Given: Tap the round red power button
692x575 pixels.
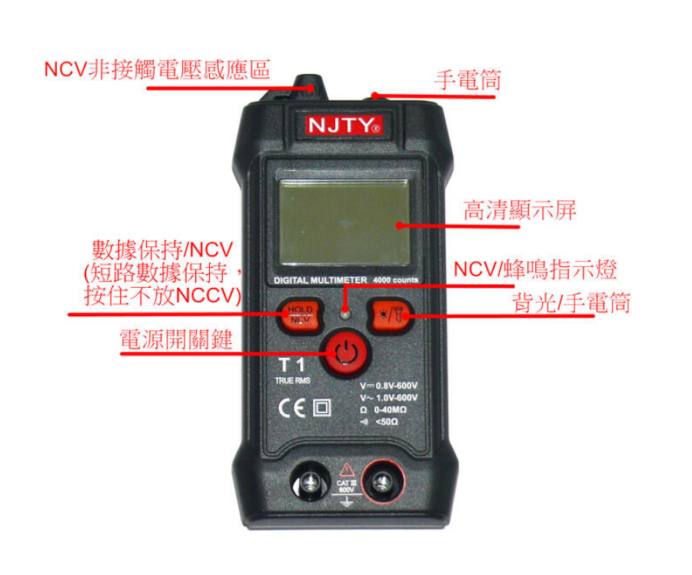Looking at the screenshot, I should pyautogui.click(x=345, y=354).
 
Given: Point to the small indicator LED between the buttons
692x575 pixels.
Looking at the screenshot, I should pyautogui.click(x=345, y=313).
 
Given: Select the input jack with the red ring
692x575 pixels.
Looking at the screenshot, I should pyautogui.click(x=379, y=483).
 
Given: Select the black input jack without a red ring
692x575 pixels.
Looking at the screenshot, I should pyautogui.click(x=309, y=483).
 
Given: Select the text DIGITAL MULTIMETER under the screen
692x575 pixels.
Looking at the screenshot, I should pyautogui.click(x=318, y=280).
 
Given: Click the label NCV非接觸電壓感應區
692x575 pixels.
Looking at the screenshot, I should pyautogui.click(x=157, y=69).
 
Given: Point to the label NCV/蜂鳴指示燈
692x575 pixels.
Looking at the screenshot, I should pyautogui.click(x=534, y=269).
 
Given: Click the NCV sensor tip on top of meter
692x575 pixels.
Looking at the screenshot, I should pyautogui.click(x=311, y=83).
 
